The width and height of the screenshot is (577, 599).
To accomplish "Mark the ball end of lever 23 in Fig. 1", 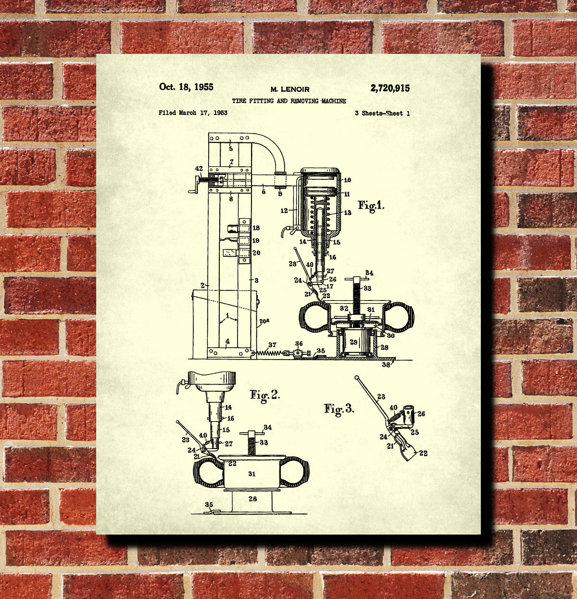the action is pyautogui.click(x=295, y=248).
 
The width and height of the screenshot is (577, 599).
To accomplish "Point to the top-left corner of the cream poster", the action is pyautogui.click(x=96, y=54).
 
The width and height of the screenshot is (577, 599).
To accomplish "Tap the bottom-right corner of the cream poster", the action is pyautogui.click(x=481, y=534).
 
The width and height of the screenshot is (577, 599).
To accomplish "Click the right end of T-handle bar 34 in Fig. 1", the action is pyautogui.click(x=368, y=279).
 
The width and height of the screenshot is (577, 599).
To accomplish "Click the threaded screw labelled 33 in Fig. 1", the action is pyautogui.click(x=357, y=295).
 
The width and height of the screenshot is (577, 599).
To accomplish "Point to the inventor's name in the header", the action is pyautogui.click(x=290, y=89).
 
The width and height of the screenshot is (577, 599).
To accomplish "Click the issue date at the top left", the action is pyautogui.click(x=186, y=87).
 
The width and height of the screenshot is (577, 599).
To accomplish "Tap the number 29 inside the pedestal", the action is pyautogui.click(x=353, y=342).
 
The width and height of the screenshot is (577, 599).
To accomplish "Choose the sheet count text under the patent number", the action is pyautogui.click(x=382, y=113).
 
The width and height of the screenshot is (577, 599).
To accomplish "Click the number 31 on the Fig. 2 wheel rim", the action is pyautogui.click(x=251, y=474).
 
